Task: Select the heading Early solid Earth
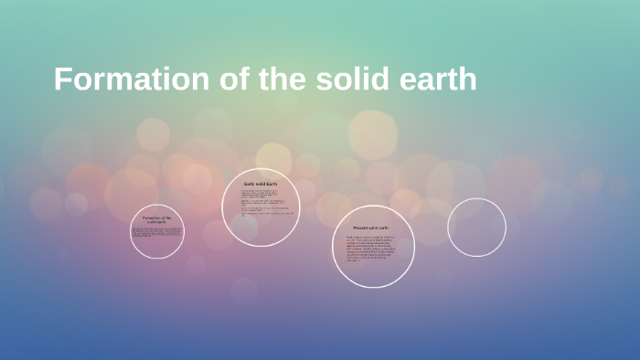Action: click(261, 185)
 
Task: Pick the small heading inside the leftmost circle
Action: click(157, 219)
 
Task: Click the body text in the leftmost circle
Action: click(157, 232)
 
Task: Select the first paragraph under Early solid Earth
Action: click(261, 195)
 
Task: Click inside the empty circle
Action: click(476, 228)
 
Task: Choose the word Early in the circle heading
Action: click(249, 185)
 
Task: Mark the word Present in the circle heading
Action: click(360, 228)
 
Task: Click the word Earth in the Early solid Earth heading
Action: click(272, 185)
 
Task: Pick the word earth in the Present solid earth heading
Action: click(384, 228)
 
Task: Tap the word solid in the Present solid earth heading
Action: click(373, 228)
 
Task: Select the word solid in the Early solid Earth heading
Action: click(261, 185)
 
